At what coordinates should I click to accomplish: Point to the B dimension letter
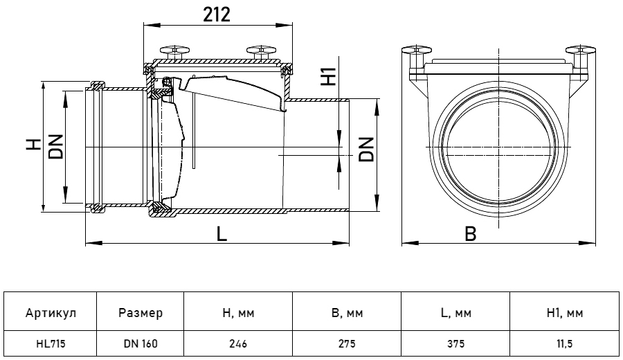point(470,234)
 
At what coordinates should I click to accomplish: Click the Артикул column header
point(51,313)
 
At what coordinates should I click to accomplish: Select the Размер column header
point(140,313)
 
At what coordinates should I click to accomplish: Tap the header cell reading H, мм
point(238,313)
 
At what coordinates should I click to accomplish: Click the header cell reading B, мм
point(347,313)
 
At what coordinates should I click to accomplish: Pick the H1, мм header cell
point(564,313)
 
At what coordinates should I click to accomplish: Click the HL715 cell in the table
point(51,343)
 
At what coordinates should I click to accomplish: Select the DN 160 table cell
point(140,343)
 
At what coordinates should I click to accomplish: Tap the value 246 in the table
point(238,343)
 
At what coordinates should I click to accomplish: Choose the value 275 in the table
point(347,343)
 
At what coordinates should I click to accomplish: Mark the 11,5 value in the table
point(564,343)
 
